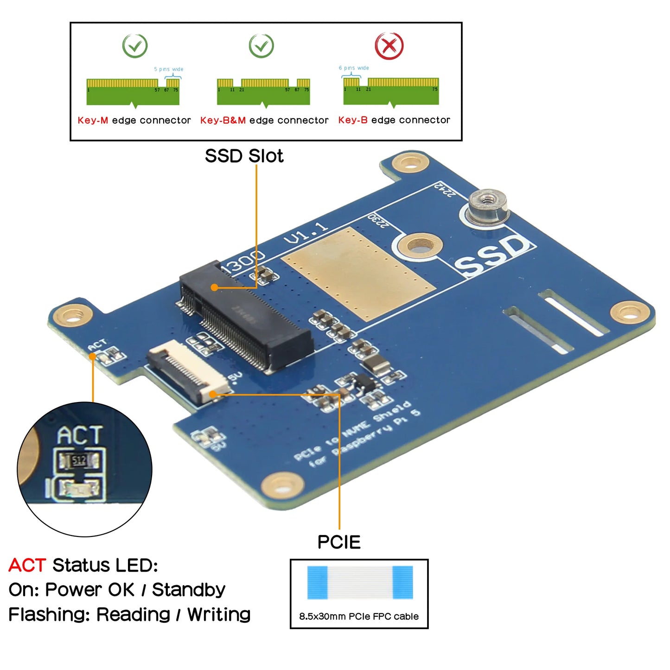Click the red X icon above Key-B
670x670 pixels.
tap(389, 45)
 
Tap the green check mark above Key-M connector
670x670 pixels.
tap(135, 46)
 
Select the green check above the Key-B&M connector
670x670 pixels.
tap(262, 46)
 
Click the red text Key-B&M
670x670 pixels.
tap(223, 121)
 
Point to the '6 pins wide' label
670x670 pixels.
tap(354, 68)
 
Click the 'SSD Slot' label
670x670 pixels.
tap(244, 156)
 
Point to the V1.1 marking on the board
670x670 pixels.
tap(306, 233)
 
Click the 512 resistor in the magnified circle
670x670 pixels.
tap(79, 460)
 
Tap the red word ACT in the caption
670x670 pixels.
tap(27, 565)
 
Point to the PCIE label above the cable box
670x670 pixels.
tap(339, 542)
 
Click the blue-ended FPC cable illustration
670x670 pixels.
tap(360, 582)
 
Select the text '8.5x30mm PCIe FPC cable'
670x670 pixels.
tap(359, 616)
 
